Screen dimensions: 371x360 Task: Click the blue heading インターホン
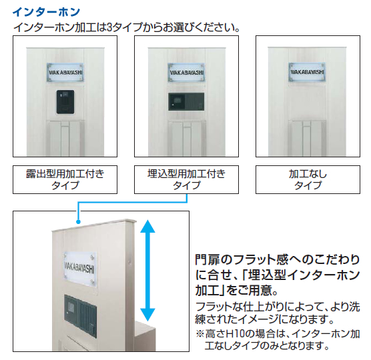pos(47,12)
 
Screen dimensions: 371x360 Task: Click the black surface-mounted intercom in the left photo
pos(65,102)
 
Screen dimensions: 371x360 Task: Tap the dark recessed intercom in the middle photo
pos(186,101)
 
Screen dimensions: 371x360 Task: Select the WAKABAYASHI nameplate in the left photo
pos(65,72)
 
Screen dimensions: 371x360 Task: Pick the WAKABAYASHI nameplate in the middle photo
pos(186,72)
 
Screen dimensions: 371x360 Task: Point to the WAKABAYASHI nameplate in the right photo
pos(307,72)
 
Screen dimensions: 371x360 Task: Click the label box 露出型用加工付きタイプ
pos(65,179)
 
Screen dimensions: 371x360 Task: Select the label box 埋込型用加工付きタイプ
pos(186,179)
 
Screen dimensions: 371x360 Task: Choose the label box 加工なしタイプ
pos(308,179)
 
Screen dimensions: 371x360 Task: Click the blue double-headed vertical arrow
pos(147,271)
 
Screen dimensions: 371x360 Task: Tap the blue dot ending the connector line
pos(78,222)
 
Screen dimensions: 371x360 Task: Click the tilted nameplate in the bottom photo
pos(79,269)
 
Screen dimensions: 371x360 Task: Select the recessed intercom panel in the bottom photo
pos(81,316)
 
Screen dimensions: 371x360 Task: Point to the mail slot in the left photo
pos(65,138)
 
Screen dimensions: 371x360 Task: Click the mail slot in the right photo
pos(307,138)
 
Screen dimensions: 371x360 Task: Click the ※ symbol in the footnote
pos(200,334)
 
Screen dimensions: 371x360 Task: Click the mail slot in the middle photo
pos(187,138)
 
